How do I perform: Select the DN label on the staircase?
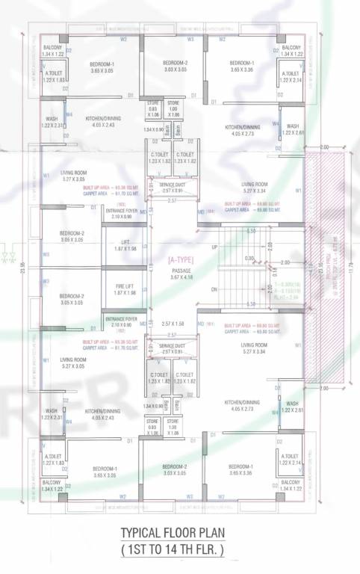click(x=215, y=289)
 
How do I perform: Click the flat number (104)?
click(x=211, y=212)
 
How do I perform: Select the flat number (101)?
click(x=210, y=324)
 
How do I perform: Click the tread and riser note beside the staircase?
click(x=287, y=291)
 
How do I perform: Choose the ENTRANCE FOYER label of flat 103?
click(x=121, y=210)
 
